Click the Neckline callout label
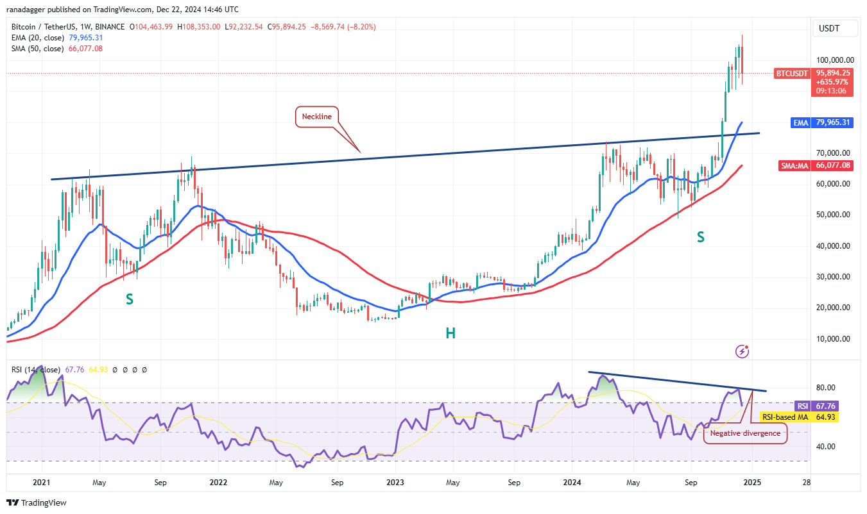pos(316,117)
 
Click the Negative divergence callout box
pos(744,433)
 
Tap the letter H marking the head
pos(451,333)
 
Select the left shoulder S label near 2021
pos(129,299)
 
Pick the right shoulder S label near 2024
pos(701,237)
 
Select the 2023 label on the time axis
pos(395,482)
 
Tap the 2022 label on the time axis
pos(218,482)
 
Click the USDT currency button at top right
pos(828,28)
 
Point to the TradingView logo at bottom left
pos(37,502)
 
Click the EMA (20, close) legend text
pos(37,38)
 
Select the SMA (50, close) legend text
pos(37,49)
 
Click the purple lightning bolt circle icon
pos(743,351)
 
